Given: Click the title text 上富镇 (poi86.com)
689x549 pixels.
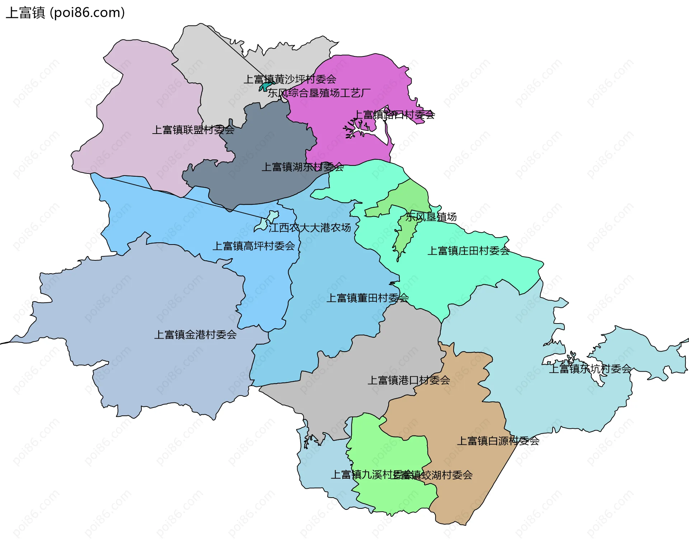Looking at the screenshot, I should [65, 13].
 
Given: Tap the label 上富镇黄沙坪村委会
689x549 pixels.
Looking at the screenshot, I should [290, 79].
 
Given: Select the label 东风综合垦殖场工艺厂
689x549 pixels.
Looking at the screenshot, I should [319, 93].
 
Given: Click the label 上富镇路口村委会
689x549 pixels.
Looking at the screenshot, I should [395, 115].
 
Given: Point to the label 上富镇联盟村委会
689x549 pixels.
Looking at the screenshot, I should [193, 130].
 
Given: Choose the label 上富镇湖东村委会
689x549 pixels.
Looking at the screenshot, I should [303, 167].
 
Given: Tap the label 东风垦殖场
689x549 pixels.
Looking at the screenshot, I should [431, 217].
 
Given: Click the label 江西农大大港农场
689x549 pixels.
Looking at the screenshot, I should [310, 228].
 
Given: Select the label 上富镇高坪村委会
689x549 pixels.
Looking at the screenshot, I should [254, 246].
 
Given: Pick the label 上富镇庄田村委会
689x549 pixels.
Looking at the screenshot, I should [468, 251].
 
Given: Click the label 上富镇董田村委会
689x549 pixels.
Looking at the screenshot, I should [367, 298].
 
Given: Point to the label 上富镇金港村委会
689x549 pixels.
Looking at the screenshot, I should [195, 335].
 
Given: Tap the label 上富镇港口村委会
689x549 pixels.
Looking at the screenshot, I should [409, 380].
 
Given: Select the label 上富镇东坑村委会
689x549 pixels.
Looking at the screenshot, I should [590, 369].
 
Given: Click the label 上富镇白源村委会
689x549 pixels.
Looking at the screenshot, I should [498, 441].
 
